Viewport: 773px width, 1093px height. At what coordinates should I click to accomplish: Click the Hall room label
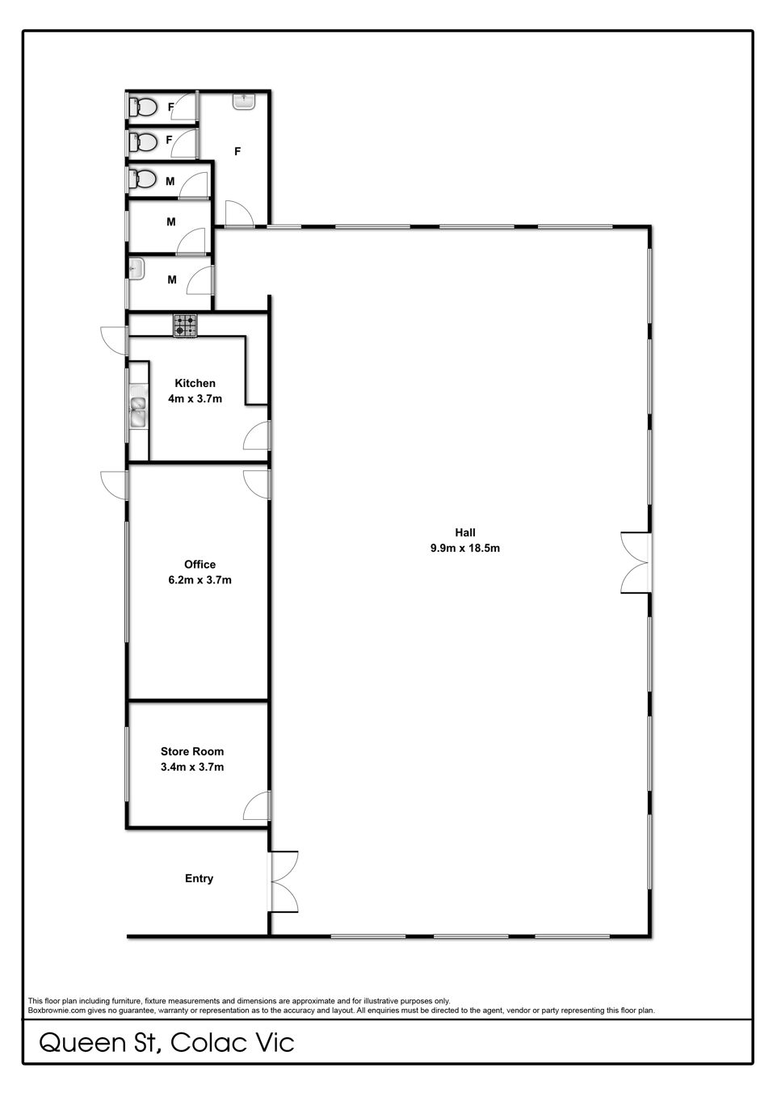point(464,532)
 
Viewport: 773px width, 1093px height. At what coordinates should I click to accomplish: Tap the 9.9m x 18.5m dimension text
point(464,548)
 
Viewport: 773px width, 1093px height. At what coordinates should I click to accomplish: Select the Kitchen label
point(195,383)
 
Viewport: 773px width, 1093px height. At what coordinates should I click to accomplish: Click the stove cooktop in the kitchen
point(186,326)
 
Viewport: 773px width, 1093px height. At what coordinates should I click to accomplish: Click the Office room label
point(200,565)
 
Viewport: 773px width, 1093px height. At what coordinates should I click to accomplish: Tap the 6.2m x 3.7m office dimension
point(200,580)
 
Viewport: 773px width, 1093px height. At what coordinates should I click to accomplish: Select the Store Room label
point(192,751)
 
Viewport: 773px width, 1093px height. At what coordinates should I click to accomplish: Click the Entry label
point(199,878)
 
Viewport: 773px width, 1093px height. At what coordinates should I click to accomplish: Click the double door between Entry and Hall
point(282,881)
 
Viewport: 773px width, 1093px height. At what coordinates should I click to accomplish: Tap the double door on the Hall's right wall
point(636,562)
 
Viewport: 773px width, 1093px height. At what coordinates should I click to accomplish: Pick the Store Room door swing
point(257,805)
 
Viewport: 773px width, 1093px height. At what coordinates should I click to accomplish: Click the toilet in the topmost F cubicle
point(142,107)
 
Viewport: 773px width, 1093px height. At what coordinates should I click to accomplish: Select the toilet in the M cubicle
point(142,179)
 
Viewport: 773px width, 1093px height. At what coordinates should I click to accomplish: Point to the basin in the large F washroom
point(243,102)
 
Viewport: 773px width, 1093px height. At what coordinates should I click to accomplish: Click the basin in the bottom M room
point(137,269)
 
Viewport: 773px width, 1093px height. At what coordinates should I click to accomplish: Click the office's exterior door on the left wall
point(114,485)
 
